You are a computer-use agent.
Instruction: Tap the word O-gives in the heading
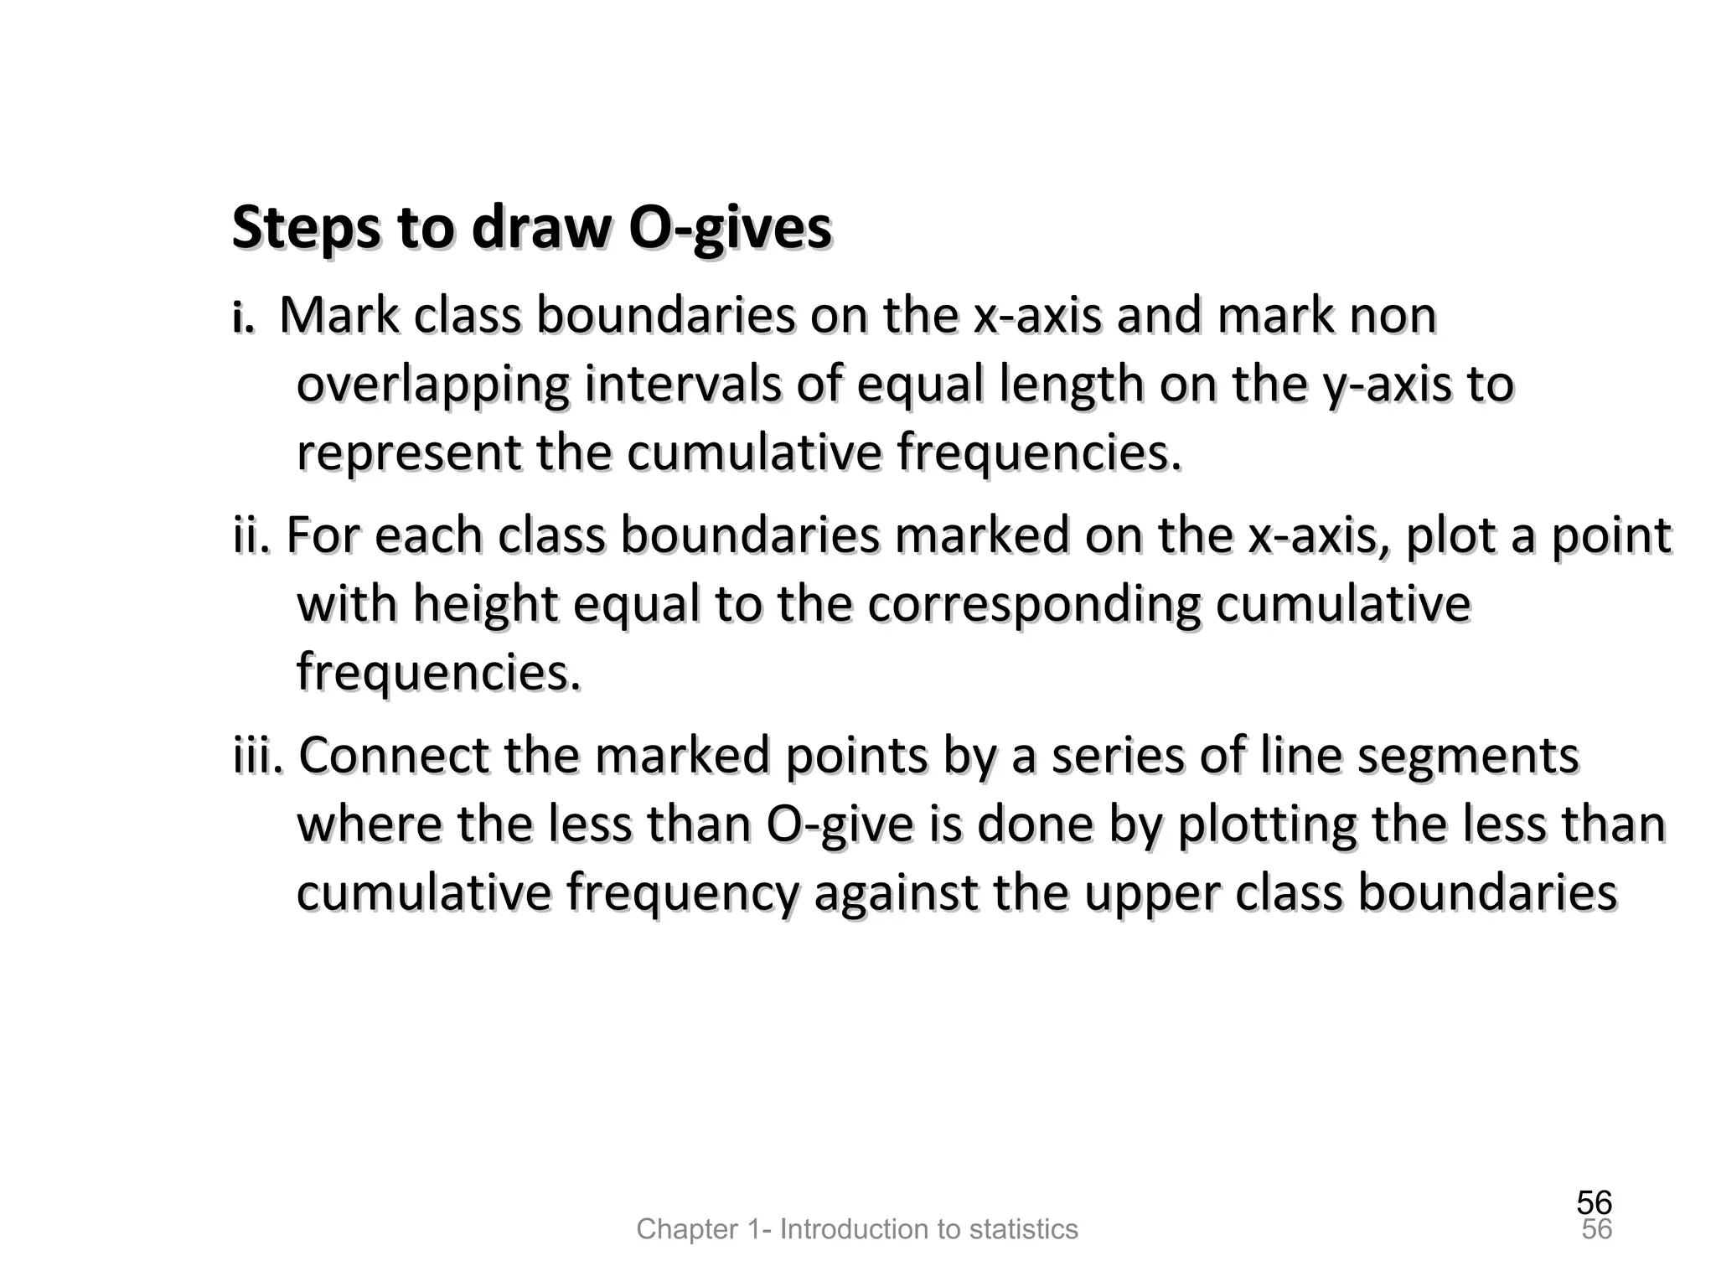729,228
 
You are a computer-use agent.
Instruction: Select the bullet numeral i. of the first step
243,318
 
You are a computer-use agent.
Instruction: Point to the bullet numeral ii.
251,536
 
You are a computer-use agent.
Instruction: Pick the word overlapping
432,385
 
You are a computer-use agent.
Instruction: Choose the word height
485,605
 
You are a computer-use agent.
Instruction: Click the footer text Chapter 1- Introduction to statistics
857,1229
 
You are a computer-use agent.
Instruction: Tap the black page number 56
1594,1203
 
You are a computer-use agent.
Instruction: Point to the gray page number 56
1596,1230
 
